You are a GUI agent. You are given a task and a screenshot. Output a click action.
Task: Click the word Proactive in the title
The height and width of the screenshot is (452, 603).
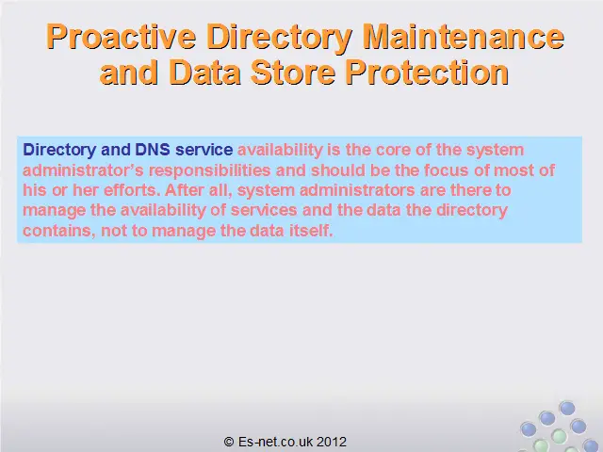click(x=122, y=38)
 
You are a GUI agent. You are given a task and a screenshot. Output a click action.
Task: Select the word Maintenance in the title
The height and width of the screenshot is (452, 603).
click(x=463, y=37)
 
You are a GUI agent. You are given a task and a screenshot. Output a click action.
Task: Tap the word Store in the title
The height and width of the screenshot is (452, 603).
click(x=293, y=73)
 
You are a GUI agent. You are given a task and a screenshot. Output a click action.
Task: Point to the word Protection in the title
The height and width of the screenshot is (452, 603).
click(x=427, y=73)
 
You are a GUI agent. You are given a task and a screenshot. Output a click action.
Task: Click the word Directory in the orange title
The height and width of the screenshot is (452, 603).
click(x=279, y=38)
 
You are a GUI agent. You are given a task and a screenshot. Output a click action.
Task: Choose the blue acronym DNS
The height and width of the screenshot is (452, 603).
click(x=153, y=150)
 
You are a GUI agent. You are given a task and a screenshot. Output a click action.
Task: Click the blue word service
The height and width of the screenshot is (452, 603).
click(x=204, y=150)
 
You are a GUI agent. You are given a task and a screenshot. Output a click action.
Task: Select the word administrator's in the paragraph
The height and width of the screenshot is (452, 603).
click(x=83, y=169)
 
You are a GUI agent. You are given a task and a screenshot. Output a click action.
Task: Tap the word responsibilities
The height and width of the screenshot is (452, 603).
click(x=210, y=170)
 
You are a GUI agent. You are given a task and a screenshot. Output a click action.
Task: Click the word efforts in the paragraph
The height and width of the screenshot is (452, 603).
click(x=132, y=190)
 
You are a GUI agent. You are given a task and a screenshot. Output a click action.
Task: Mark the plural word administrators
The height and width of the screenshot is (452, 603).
click(x=357, y=190)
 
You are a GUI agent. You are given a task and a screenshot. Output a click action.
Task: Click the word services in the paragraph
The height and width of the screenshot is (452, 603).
click(x=264, y=210)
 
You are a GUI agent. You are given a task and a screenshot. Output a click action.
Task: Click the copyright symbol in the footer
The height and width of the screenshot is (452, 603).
click(x=229, y=442)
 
